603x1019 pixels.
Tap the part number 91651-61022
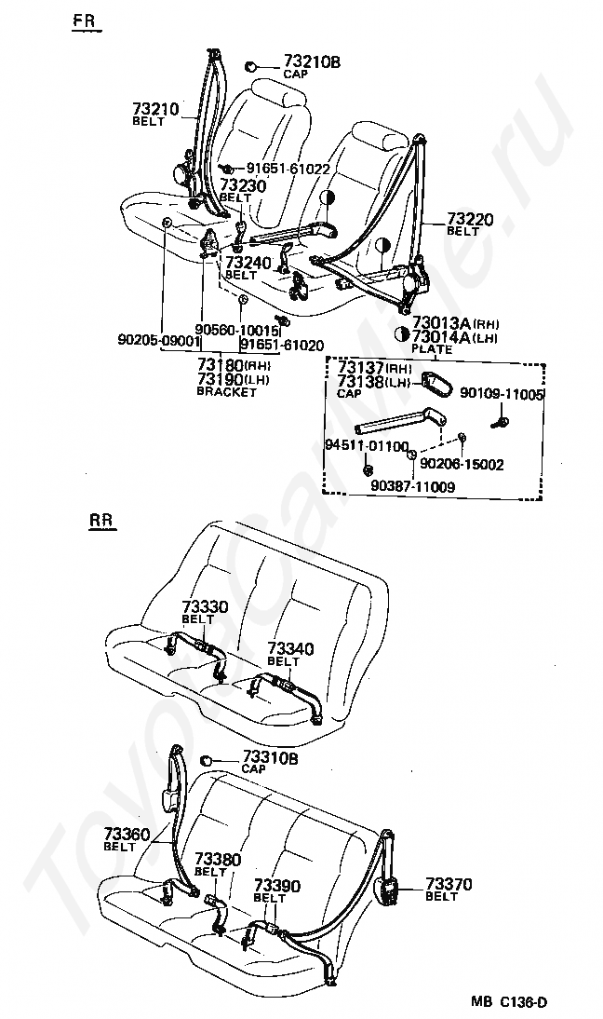click(288, 169)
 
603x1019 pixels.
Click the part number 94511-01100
click(366, 447)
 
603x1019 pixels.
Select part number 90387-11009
click(412, 485)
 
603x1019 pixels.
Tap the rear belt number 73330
click(204, 607)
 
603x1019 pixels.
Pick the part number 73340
click(290, 648)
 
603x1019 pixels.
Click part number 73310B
click(270, 758)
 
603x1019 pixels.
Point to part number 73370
click(449, 884)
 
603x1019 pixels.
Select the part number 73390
click(276, 885)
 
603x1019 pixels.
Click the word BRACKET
click(226, 392)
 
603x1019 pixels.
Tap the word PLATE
click(431, 349)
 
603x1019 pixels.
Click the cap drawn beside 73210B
click(251, 66)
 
